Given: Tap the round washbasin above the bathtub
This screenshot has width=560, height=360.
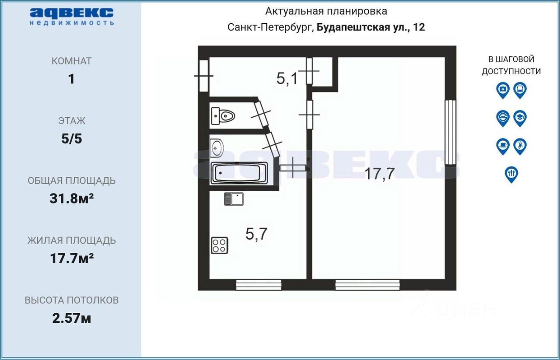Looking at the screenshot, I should pos(217,148).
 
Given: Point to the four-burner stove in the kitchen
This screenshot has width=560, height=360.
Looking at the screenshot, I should pos(219,245).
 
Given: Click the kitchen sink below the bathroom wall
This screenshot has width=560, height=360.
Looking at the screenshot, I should pos(234,199).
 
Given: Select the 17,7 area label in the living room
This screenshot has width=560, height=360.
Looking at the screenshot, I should pos(380,174).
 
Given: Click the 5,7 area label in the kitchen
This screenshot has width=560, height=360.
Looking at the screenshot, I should pos(256,234).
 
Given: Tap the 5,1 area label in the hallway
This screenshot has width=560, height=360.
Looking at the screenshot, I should pos(287,79).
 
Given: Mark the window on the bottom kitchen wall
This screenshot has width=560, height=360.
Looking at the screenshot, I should pos(258,285).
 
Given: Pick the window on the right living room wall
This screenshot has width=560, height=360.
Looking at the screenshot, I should pos(450,132).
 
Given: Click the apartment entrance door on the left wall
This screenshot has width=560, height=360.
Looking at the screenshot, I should pos(203,76).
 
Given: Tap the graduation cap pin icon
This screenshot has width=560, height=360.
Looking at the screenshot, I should pos(520,118).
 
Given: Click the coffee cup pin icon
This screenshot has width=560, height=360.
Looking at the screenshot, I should pos(503,146).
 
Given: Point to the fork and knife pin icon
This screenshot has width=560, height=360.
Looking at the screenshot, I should pos(511,174).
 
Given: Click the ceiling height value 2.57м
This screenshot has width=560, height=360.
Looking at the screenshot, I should pos(72,318).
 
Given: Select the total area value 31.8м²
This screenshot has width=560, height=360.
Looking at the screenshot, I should pos(72,199).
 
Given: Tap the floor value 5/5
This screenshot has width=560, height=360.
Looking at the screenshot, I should pos(72,139).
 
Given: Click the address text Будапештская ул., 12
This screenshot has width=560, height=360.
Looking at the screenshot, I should pos(371,27).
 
